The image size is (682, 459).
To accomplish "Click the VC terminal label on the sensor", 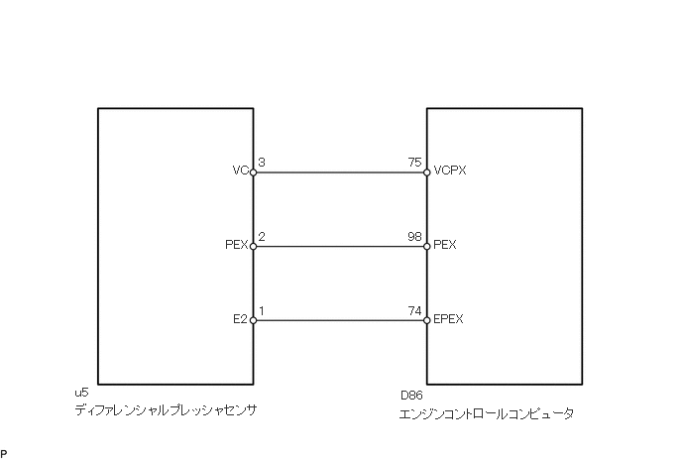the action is pyautogui.click(x=239, y=171).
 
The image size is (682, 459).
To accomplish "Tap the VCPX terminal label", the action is pyautogui.click(x=450, y=171).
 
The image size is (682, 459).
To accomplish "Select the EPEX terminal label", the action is pyautogui.click(x=449, y=319).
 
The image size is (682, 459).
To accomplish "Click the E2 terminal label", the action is pyautogui.click(x=240, y=319).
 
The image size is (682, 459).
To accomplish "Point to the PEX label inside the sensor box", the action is pyautogui.click(x=236, y=245).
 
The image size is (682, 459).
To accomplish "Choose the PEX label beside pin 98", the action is pyautogui.click(x=445, y=245).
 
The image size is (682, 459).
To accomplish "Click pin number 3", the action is pyautogui.click(x=261, y=163).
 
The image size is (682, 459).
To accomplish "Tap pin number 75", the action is pyautogui.click(x=414, y=163).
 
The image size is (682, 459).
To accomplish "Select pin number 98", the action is pyautogui.click(x=414, y=237).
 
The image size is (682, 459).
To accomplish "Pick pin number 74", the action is pyautogui.click(x=414, y=311).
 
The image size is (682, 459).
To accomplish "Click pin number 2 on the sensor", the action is pyautogui.click(x=261, y=237).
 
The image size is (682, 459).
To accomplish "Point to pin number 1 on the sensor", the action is pyautogui.click(x=261, y=311).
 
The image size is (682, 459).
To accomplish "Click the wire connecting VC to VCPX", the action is pyautogui.click(x=340, y=172).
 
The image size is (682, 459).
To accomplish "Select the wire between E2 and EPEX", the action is pyautogui.click(x=340, y=321).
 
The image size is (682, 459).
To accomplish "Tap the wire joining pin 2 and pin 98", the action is pyautogui.click(x=340, y=247).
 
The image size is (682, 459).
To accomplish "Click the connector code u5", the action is pyautogui.click(x=81, y=395).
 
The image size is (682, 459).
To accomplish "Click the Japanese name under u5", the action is pyautogui.click(x=166, y=410).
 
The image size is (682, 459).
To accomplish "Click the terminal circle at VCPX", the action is pyautogui.click(x=426, y=172).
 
